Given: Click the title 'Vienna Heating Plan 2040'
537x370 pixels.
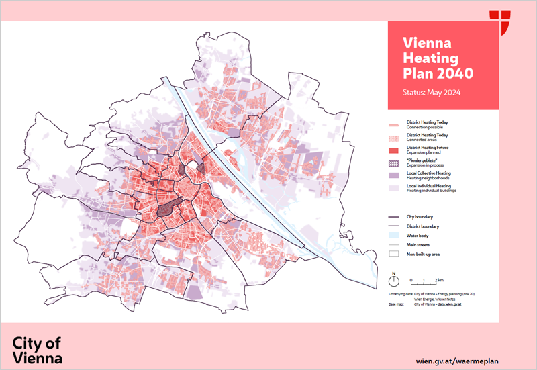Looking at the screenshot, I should point(437,57).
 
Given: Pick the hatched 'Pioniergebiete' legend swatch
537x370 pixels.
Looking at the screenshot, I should point(394,162).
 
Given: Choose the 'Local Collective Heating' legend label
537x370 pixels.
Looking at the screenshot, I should point(428,173).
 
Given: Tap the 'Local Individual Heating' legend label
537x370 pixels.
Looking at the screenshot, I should point(429,185).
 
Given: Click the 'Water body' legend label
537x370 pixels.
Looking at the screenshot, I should point(418,236).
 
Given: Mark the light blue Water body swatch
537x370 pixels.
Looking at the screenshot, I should point(394,236).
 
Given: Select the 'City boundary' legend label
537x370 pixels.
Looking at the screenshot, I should point(420,217).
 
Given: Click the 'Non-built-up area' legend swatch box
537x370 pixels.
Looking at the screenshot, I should point(394,255).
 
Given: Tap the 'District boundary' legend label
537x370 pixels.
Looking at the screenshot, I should point(422,226).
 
